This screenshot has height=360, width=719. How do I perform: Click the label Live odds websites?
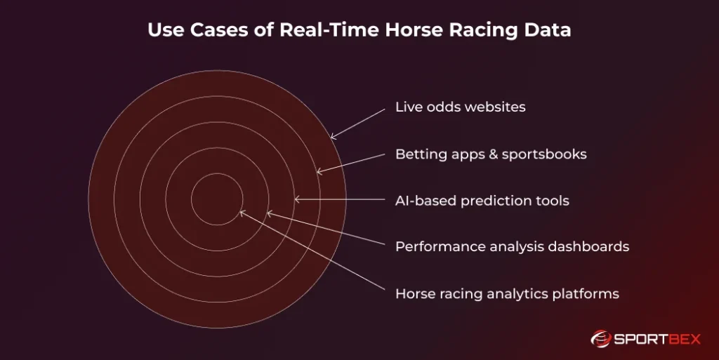[x=460, y=107]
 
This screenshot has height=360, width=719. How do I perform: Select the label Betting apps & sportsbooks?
[x=491, y=154]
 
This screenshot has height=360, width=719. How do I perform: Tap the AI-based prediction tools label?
[x=482, y=201]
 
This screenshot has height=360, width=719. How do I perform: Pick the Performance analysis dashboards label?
[x=512, y=247]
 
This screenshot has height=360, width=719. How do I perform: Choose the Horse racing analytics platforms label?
[x=507, y=293]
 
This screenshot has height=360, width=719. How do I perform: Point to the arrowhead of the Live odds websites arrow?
[x=332, y=137]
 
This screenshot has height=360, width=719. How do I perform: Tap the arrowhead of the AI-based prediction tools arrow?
[x=296, y=199]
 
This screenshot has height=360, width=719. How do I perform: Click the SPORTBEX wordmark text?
[x=659, y=339]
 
